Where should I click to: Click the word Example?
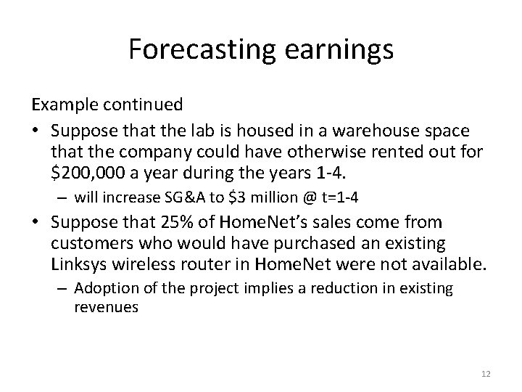click(62, 105)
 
